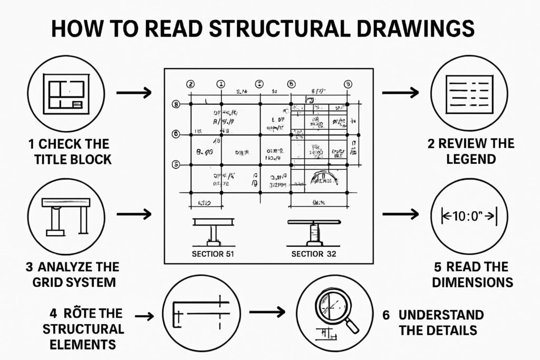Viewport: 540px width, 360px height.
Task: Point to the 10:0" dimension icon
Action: (464, 216)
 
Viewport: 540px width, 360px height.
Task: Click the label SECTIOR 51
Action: (213, 254)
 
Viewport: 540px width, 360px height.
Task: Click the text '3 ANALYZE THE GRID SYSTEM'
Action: (72, 274)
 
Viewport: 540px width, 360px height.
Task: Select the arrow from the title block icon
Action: (133, 93)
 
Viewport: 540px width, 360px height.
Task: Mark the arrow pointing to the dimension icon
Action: (399, 215)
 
